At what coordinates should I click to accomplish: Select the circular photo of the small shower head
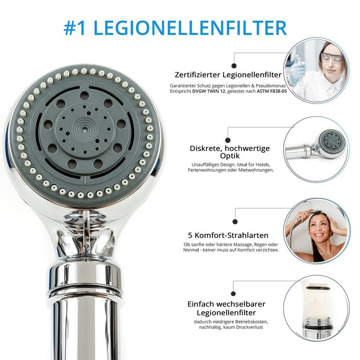click(x=316, y=149)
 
